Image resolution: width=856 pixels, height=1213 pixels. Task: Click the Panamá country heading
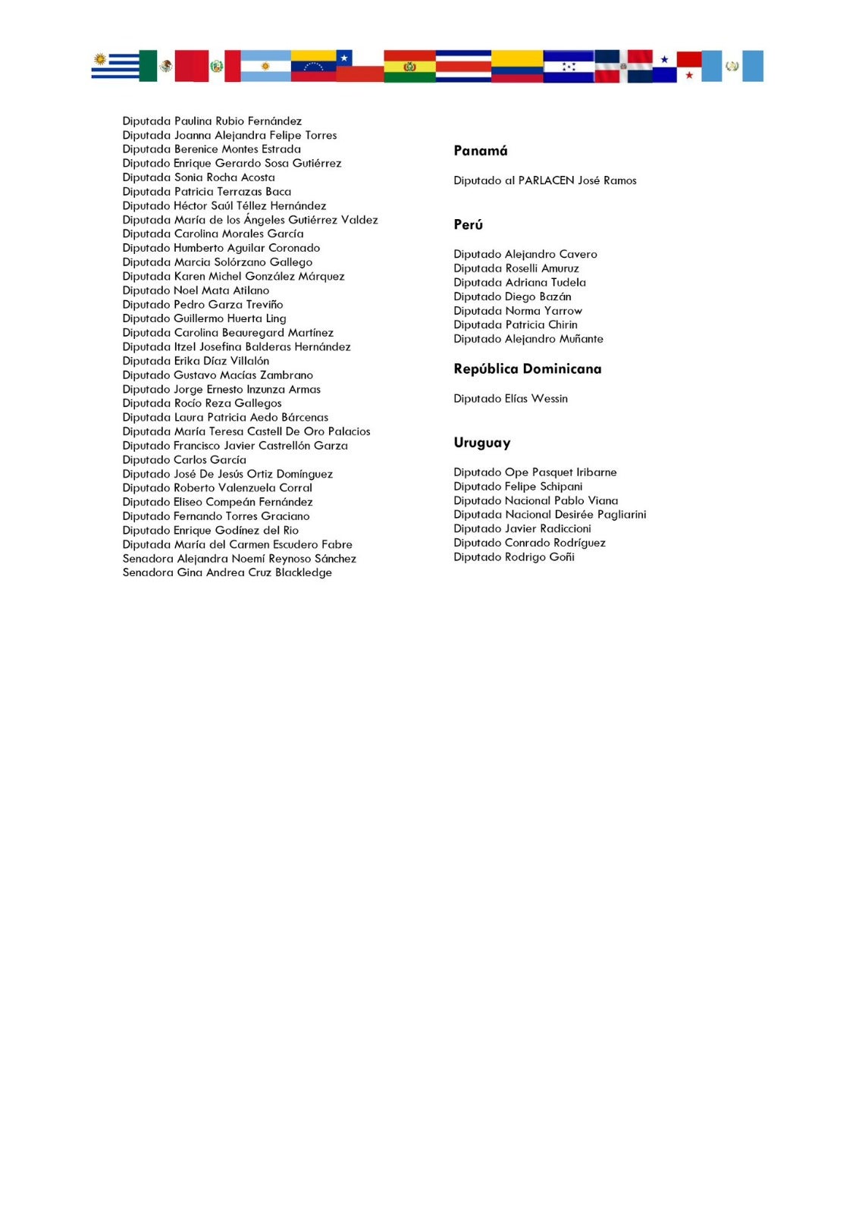(x=480, y=151)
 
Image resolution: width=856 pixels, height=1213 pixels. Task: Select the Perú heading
(x=468, y=224)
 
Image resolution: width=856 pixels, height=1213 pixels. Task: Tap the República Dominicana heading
(x=527, y=369)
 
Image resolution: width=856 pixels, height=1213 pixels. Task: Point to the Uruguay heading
(x=481, y=443)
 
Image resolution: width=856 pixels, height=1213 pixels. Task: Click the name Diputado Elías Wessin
(x=510, y=399)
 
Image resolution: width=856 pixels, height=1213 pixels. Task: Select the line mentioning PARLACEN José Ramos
(x=544, y=180)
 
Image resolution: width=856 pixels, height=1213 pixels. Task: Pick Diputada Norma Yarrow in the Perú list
(x=518, y=311)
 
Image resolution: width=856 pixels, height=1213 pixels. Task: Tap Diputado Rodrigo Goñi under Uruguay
(x=513, y=557)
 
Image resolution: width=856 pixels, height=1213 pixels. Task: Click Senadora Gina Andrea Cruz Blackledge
(x=227, y=572)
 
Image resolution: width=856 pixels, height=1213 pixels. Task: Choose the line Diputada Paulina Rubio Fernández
(x=212, y=121)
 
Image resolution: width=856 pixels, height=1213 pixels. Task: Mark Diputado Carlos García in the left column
(x=184, y=460)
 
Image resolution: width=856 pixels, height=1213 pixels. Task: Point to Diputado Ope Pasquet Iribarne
(x=535, y=472)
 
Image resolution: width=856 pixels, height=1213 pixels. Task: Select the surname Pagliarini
(x=621, y=515)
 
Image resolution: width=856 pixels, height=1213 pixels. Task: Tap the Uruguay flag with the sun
(x=114, y=66)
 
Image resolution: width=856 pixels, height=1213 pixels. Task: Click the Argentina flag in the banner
(x=265, y=66)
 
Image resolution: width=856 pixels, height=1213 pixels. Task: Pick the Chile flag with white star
(x=359, y=66)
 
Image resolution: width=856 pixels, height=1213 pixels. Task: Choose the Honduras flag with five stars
(x=569, y=66)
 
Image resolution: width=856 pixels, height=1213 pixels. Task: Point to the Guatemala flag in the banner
(x=732, y=66)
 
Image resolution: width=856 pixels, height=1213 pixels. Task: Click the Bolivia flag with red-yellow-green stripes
(x=409, y=66)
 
